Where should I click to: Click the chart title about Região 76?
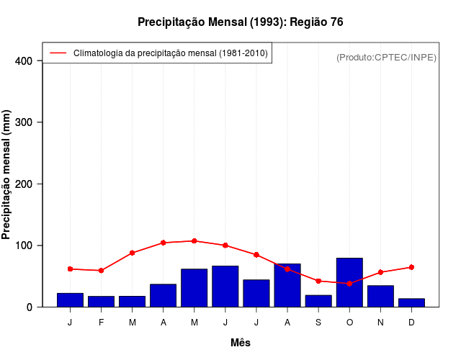point(240,22)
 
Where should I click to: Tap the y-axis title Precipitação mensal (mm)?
point(6,175)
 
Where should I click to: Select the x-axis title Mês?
point(241,343)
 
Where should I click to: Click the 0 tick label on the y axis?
point(30,307)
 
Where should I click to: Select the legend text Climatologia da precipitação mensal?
point(171,53)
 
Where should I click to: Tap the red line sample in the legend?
point(58,53)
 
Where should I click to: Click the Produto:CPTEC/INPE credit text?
point(386,57)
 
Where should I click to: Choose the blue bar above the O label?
point(349,282)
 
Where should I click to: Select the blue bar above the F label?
point(102,302)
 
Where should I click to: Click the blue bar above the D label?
point(411,302)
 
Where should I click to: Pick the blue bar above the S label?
point(318,301)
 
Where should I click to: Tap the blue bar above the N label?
point(380,296)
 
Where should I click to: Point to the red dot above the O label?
point(349,284)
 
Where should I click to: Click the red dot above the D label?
point(411,267)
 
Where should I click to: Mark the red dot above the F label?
point(102,271)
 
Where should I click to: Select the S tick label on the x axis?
point(318,323)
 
